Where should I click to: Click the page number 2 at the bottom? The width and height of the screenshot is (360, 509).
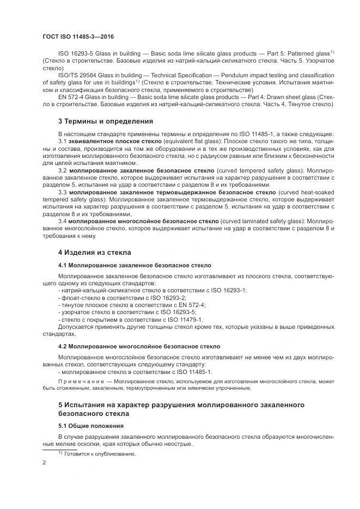click(x=44, y=463)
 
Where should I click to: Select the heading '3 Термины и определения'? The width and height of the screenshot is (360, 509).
click(x=105, y=121)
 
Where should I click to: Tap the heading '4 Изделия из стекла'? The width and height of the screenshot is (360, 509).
click(x=94, y=252)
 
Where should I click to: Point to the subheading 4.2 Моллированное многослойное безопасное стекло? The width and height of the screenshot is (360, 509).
click(x=139, y=346)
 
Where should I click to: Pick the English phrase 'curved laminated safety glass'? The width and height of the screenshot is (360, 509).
click(x=263, y=221)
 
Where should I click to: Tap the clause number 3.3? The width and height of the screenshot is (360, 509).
click(x=62, y=192)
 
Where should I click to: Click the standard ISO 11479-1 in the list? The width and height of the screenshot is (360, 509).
click(x=186, y=320)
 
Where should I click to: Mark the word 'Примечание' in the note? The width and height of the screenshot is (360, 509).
click(x=80, y=383)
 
